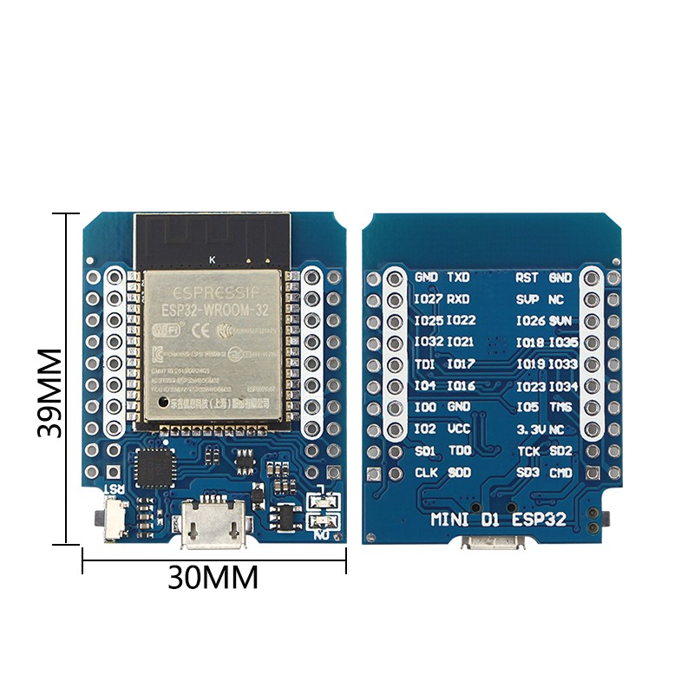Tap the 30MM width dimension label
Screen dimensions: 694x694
[x=213, y=577]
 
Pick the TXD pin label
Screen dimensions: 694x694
[x=458, y=278]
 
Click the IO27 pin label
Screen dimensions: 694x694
[x=429, y=299]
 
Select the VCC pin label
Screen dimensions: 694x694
[x=459, y=429]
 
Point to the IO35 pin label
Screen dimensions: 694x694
[x=563, y=343]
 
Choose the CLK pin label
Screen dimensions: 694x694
[x=427, y=473]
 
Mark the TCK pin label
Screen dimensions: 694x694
[x=529, y=451]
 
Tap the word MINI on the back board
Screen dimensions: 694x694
[x=451, y=520]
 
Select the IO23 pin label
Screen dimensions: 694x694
[x=530, y=386]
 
